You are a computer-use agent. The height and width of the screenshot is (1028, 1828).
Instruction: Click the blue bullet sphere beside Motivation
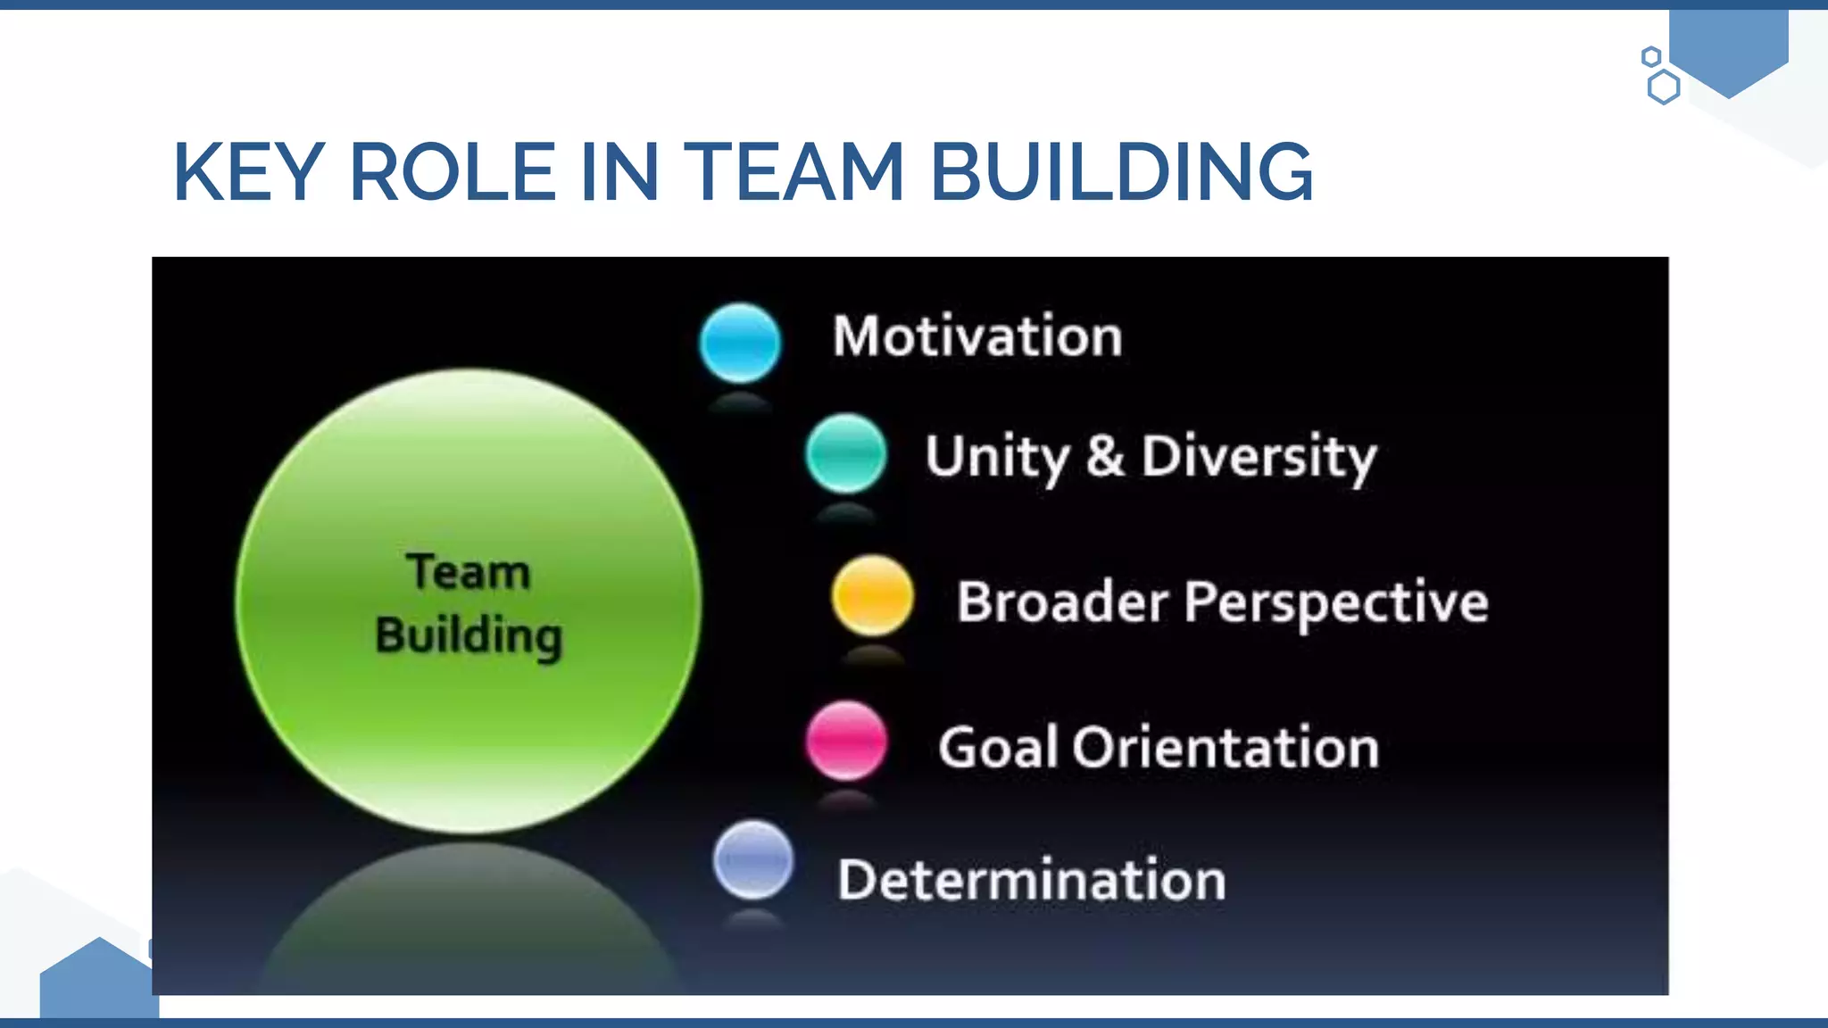[x=740, y=343]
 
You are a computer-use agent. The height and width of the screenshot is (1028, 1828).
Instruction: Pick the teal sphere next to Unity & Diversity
[x=845, y=453]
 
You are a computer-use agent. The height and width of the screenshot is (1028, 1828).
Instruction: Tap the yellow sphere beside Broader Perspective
[x=872, y=595]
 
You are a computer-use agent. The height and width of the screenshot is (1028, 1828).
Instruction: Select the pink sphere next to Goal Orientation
[x=846, y=741]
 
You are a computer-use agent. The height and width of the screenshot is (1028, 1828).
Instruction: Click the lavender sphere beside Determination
[x=753, y=860]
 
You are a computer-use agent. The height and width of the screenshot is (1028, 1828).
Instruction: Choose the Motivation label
[x=977, y=336]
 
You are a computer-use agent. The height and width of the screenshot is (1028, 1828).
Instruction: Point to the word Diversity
[x=1259, y=457]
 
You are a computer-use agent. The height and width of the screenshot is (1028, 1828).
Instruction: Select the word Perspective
[x=1335, y=603]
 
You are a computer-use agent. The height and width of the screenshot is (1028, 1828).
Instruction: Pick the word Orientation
[x=1225, y=747]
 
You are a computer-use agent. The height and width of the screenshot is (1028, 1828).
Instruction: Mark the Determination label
[x=1032, y=880]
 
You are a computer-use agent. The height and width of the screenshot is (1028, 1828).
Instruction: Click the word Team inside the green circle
[x=469, y=572]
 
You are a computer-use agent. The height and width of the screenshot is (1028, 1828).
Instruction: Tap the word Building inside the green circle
[x=469, y=636]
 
